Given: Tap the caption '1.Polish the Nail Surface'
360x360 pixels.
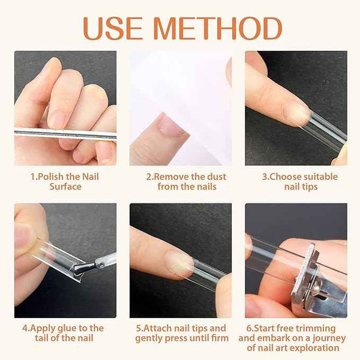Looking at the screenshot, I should [65, 181].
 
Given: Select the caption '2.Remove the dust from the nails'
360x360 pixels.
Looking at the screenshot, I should [180, 181].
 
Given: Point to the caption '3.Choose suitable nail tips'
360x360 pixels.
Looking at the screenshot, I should [296, 181].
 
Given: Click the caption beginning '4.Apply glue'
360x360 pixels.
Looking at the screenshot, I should [65, 332].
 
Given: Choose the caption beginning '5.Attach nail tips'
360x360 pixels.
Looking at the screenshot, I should [180, 332].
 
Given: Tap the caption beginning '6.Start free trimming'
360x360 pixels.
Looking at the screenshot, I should [296, 337].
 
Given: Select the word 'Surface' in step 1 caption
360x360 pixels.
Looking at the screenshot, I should [65, 187].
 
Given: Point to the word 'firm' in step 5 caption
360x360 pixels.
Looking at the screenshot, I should [219, 338].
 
